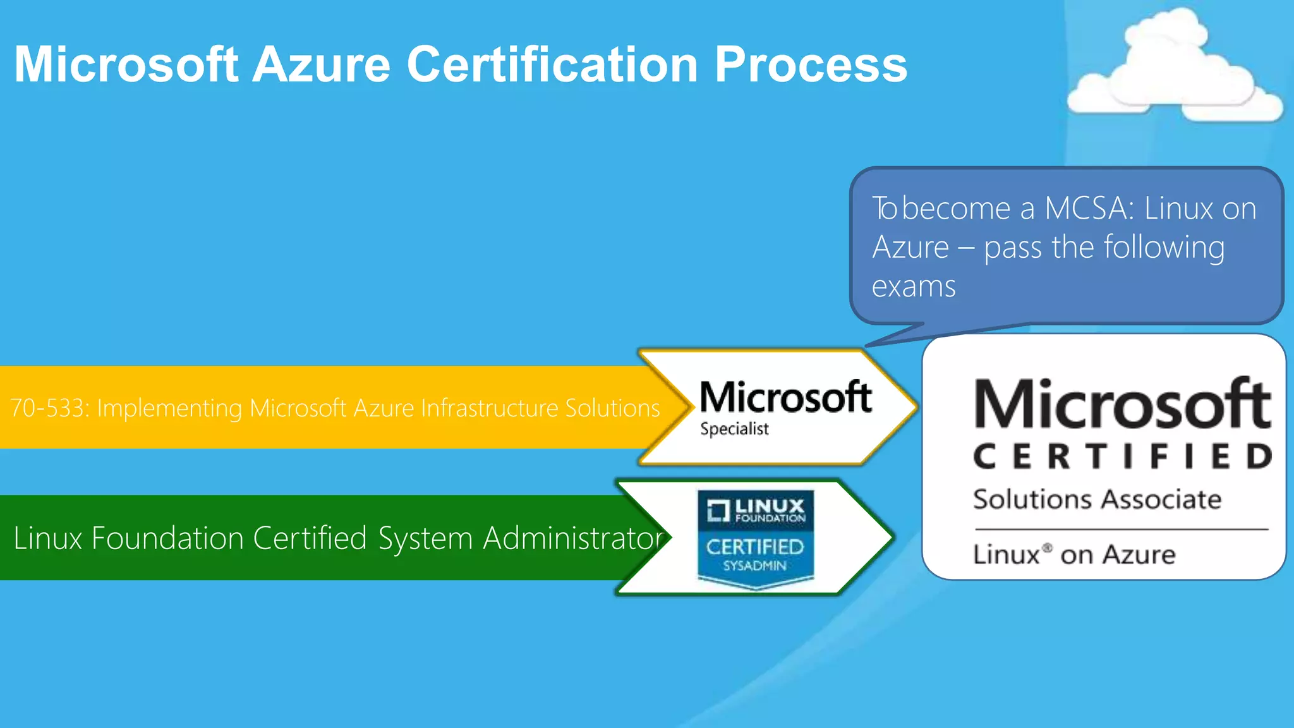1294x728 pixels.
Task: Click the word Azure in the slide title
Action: (x=321, y=64)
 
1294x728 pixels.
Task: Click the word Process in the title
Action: (x=811, y=64)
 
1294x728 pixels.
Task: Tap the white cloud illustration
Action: (x=1174, y=70)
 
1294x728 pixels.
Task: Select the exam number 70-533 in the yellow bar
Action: (x=49, y=408)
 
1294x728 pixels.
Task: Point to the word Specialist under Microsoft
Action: (x=734, y=429)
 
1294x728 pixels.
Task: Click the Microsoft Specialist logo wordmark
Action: (x=785, y=397)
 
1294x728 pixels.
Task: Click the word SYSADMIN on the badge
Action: (x=754, y=566)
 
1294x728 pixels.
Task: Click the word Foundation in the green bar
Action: (x=167, y=538)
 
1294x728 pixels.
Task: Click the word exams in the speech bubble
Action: (x=914, y=286)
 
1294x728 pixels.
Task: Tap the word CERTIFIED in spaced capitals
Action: (x=1122, y=456)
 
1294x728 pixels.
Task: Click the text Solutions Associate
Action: (x=1097, y=499)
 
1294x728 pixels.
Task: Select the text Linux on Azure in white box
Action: (x=1074, y=555)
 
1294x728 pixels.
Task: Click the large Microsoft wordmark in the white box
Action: (x=1122, y=404)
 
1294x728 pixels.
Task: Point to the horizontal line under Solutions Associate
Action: (x=1121, y=529)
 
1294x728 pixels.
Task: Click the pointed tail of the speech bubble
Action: (x=885, y=340)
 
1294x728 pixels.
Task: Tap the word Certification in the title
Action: (x=552, y=64)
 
